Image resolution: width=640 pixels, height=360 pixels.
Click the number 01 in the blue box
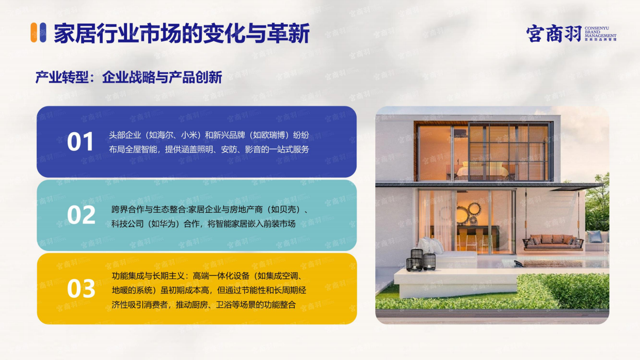tap(81, 142)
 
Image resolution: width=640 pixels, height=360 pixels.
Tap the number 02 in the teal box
tap(81, 215)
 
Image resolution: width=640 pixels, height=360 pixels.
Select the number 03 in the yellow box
tap(81, 289)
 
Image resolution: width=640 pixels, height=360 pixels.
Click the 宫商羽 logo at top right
tap(553, 34)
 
